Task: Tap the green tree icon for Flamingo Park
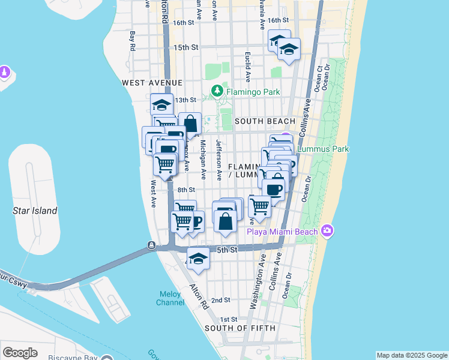217,92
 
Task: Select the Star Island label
35,211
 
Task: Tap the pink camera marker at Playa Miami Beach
327,230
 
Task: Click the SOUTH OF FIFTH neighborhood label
240,328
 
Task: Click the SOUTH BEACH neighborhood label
265,121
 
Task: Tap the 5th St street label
229,249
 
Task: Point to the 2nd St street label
221,300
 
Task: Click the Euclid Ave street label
247,66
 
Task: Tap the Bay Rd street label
133,41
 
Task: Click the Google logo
20,353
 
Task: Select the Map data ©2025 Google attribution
411,355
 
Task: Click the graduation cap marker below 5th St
198,259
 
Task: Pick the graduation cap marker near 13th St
162,104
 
